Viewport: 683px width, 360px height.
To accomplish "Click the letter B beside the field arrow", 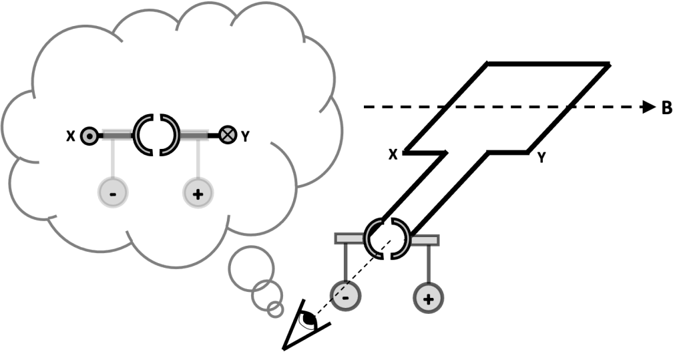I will pyautogui.click(x=666, y=108).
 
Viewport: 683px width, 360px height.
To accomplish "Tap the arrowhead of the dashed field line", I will pyautogui.click(x=648, y=107).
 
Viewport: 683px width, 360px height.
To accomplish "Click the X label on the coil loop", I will pyautogui.click(x=393, y=154).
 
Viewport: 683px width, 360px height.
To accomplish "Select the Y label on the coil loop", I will pyautogui.click(x=543, y=158).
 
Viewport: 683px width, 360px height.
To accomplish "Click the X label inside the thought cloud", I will pyautogui.click(x=70, y=136).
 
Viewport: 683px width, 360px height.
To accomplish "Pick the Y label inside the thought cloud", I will pyautogui.click(x=245, y=136).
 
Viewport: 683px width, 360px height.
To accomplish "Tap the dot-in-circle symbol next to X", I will pyautogui.click(x=88, y=136).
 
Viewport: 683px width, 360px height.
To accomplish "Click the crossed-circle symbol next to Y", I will pyautogui.click(x=228, y=135).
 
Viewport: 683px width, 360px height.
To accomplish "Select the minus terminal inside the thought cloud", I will pyautogui.click(x=112, y=193).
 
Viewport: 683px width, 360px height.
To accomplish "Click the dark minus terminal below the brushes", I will pyautogui.click(x=345, y=295).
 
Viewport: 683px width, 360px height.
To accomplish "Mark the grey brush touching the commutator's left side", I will pyautogui.click(x=349, y=238).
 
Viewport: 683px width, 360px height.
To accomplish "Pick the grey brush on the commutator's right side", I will pyautogui.click(x=425, y=238).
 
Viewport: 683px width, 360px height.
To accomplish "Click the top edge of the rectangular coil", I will pyautogui.click(x=547, y=64).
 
